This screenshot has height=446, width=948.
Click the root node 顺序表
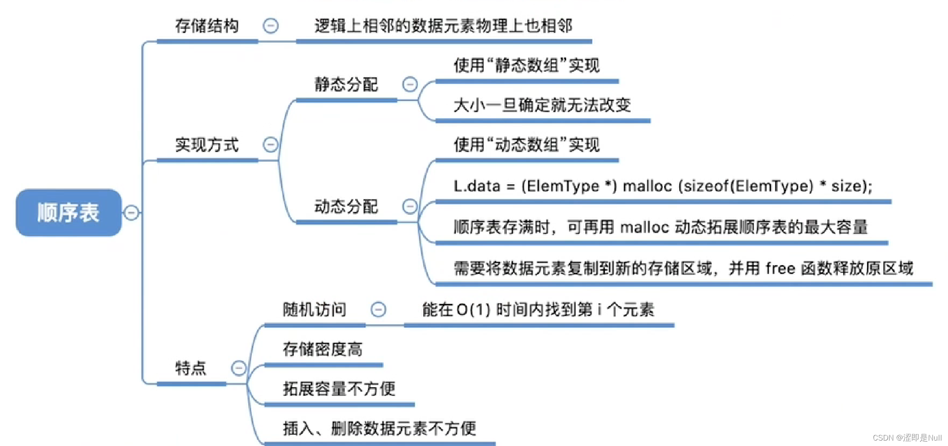point(68,213)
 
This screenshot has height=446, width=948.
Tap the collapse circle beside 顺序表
point(131,213)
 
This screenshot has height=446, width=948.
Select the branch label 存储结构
point(207,26)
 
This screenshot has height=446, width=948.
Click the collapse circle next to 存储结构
point(270,26)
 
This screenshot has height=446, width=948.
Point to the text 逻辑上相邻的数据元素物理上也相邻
point(443,26)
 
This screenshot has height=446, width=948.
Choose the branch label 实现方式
point(207,145)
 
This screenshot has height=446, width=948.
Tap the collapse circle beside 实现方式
point(270,145)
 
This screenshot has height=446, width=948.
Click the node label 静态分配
point(346,84)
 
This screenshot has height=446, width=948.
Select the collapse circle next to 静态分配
point(410,84)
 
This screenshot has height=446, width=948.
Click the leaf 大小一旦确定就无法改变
point(542,105)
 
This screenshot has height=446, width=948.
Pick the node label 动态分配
point(346,206)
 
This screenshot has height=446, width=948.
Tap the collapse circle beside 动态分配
point(410,206)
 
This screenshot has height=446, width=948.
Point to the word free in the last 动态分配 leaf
point(780,268)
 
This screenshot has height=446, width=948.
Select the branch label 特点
point(191,368)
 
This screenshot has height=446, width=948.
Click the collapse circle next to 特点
point(239,368)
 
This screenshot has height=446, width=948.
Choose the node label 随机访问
point(314,309)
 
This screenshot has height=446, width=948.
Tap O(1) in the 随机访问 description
point(473,310)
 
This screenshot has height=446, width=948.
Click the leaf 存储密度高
point(323,349)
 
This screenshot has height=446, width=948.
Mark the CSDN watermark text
point(907,438)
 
